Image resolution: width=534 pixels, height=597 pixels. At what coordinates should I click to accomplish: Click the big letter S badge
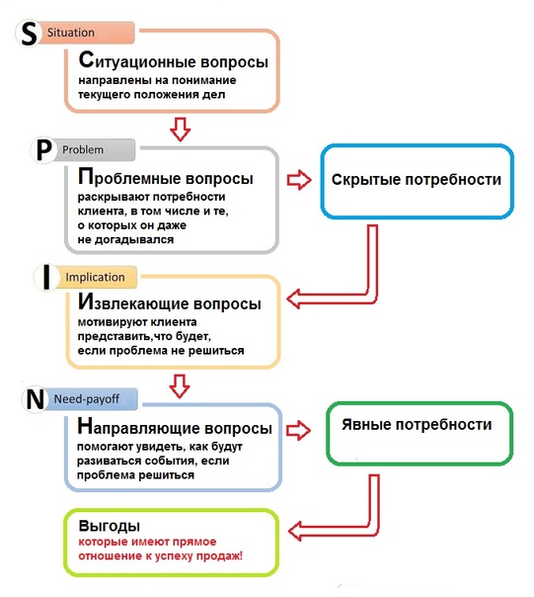[x=28, y=33]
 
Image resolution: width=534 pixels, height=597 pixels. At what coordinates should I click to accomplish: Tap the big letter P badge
[x=43, y=151]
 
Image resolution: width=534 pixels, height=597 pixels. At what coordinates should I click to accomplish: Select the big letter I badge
[x=46, y=278]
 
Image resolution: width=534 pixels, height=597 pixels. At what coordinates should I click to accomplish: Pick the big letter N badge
[x=35, y=399]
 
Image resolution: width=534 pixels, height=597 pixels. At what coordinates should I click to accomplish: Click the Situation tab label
[x=71, y=33]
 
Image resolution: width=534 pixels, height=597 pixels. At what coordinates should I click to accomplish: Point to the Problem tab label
[x=83, y=149]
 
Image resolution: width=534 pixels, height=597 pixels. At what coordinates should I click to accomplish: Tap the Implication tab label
[x=95, y=277]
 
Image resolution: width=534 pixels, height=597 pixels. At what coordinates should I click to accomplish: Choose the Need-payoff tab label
[x=87, y=399]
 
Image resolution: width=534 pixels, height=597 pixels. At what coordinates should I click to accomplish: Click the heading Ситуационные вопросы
[x=174, y=60]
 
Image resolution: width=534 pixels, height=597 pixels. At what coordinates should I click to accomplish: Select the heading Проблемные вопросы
[x=166, y=177]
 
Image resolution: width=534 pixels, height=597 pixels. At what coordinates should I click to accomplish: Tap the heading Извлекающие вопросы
[x=169, y=302]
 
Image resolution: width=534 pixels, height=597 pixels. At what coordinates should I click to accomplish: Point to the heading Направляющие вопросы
[x=175, y=426]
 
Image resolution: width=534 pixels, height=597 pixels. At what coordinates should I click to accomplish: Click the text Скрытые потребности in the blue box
[x=417, y=180]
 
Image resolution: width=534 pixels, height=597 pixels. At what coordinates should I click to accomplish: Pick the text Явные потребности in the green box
[x=417, y=425]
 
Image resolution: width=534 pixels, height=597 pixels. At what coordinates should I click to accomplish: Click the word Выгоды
[x=110, y=526]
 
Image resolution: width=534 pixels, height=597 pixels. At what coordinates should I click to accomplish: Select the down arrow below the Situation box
[x=180, y=129]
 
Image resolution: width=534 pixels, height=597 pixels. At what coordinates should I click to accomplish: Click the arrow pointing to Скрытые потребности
[x=299, y=179]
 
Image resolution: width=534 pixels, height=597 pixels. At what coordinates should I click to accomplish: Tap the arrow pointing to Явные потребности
[x=298, y=431]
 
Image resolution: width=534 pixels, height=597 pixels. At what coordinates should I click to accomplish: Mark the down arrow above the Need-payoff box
[x=180, y=386]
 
